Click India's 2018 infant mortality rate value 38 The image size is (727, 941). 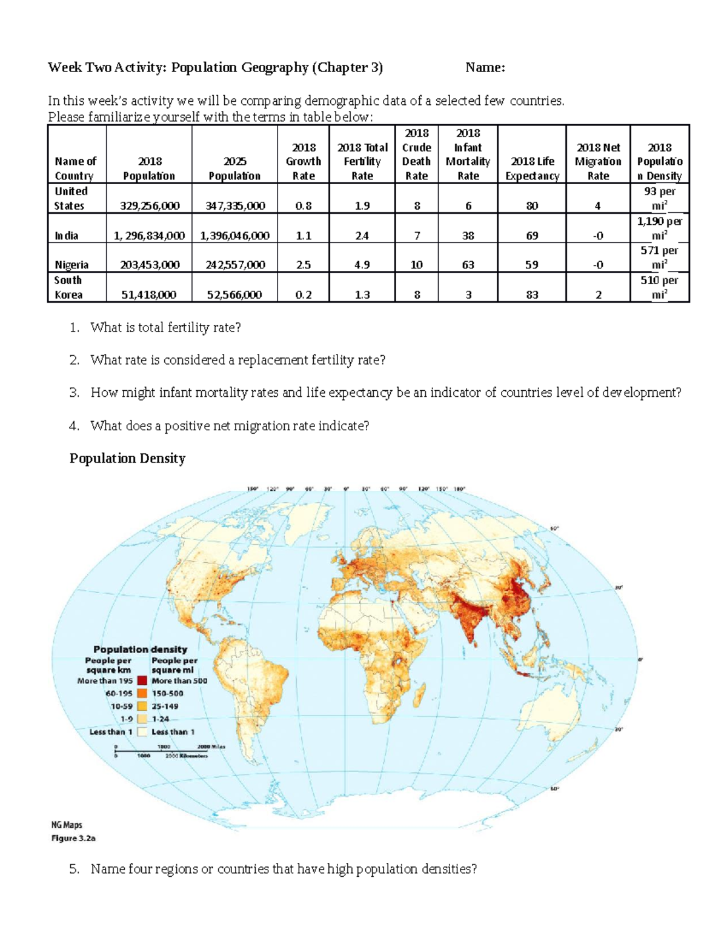tap(468, 236)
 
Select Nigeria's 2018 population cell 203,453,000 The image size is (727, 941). tap(149, 265)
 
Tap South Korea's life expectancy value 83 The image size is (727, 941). tap(532, 295)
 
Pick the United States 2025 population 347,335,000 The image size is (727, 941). tap(234, 206)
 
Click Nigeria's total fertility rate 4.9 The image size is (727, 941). tap(362, 265)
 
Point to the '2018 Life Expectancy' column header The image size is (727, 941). tap(532, 168)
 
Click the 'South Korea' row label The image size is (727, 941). tap(68, 287)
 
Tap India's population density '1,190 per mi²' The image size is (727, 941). tap(659, 228)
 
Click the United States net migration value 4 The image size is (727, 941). tap(597, 206)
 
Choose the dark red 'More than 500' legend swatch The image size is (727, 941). tap(142, 680)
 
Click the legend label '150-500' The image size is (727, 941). tap(168, 693)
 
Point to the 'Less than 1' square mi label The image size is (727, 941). tap(173, 732)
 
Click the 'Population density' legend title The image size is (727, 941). tap(140, 649)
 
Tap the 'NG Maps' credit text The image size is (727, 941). tap(67, 825)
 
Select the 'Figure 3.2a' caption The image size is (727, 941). tap(73, 839)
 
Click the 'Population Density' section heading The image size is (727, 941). tap(127, 459)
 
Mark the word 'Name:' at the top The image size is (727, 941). tap(485, 68)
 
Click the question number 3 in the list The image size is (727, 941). tap(74, 393)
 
